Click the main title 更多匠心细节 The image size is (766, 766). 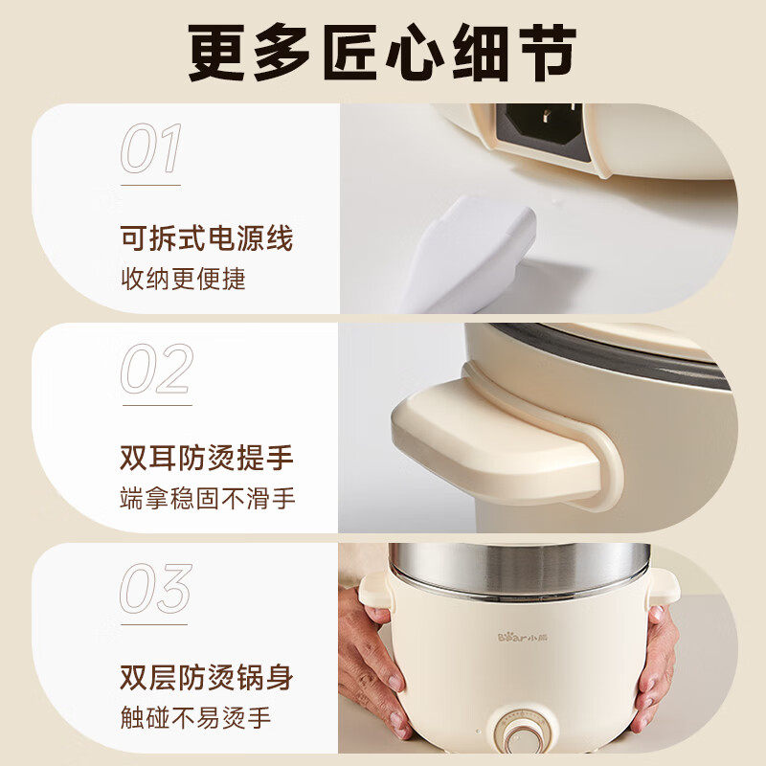point(383,53)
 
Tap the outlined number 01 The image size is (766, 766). point(151,149)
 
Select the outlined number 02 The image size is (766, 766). point(156,370)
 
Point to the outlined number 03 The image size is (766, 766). point(155,589)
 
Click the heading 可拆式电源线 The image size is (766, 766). point(206,237)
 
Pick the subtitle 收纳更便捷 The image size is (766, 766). point(183,279)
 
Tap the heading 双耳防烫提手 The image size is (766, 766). point(206,458)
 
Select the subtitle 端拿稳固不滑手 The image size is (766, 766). point(208,499)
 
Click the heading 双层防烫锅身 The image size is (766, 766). point(206,678)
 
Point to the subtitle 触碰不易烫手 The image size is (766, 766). point(195,718)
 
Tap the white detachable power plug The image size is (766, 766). point(469,254)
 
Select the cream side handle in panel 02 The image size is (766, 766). point(498,431)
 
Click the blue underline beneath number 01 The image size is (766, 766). point(150,185)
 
